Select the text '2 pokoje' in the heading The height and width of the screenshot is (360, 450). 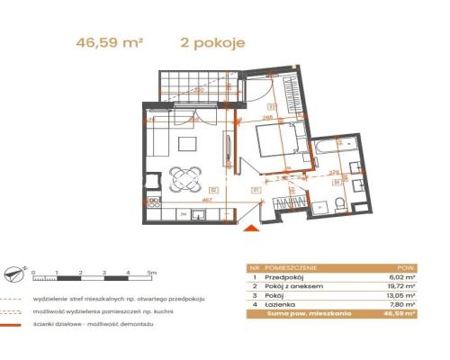click(x=212, y=40)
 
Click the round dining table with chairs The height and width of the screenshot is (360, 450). click(x=187, y=177)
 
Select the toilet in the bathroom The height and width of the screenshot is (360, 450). click(x=339, y=206)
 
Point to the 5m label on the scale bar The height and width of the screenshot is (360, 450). click(x=152, y=271)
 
